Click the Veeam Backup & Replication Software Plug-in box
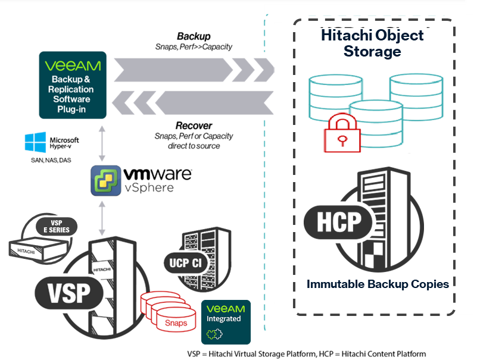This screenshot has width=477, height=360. point(73,84)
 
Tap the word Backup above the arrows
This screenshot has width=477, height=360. point(194,36)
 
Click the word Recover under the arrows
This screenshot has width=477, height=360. point(194,126)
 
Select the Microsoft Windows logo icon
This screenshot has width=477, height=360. point(36,143)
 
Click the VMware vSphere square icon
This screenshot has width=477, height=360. point(105,180)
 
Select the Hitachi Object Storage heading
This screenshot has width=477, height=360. point(372,43)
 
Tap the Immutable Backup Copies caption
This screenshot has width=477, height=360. point(378,284)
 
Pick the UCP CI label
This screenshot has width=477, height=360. point(183,262)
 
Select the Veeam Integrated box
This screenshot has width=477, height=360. point(226,322)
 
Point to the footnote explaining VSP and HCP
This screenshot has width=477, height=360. point(306,353)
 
